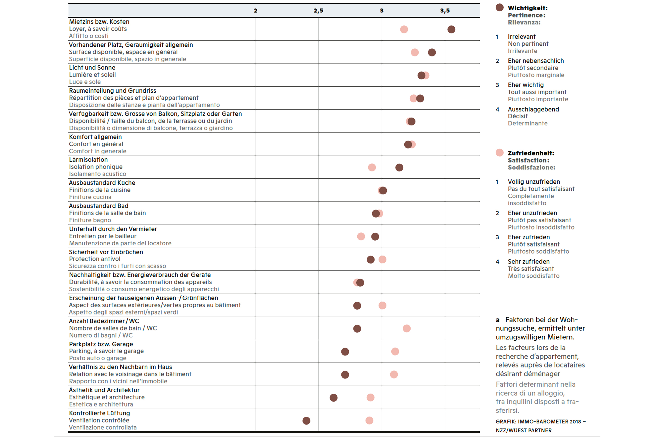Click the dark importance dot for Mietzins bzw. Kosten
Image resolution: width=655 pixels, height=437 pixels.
[451, 29]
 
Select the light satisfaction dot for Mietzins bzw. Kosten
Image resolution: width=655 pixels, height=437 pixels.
[404, 29]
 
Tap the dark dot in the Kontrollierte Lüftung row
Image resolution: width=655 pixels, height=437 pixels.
[306, 421]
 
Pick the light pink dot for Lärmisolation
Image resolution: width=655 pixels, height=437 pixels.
[372, 168]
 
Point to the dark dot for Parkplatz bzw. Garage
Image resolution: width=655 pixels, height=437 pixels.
[345, 352]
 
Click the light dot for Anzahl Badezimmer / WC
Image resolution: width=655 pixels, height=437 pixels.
[407, 329]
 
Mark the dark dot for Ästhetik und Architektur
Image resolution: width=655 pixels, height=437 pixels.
[333, 398]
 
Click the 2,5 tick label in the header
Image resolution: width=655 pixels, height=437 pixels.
[318, 11]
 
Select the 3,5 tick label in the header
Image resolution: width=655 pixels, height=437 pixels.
[445, 11]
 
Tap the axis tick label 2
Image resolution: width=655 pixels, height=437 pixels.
[255, 11]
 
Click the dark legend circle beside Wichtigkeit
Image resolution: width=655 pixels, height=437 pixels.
[500, 8]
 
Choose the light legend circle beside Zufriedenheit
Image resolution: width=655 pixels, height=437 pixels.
[500, 152]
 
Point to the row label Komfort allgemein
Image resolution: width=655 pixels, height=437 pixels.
[95, 137]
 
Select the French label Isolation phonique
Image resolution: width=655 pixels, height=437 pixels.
[96, 167]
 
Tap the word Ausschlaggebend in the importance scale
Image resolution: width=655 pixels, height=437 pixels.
[533, 109]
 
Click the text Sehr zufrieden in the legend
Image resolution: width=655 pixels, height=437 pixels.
[529, 262]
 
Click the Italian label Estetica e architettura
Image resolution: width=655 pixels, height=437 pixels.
[101, 404]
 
